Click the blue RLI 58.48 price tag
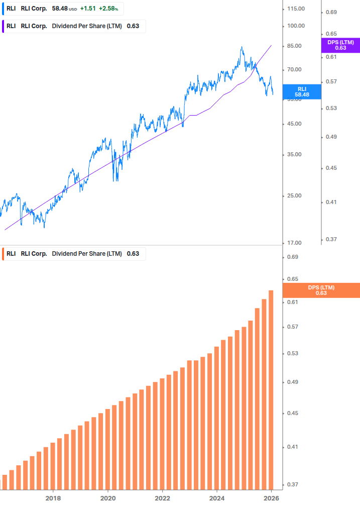tap(302, 91)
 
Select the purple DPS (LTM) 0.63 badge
tap(340, 45)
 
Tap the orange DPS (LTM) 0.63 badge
tap(321, 290)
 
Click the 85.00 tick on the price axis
tap(294, 46)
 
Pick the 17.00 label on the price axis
tap(294, 243)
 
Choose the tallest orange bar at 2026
tap(271, 389)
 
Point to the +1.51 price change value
tap(88, 9)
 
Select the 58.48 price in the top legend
tap(60, 9)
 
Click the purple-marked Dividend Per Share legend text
tap(87, 26)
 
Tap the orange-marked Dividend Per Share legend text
tap(87, 254)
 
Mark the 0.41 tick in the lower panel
tap(292, 447)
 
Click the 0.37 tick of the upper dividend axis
tap(331, 240)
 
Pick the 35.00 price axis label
tap(294, 155)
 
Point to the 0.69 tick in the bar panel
tap(292, 257)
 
